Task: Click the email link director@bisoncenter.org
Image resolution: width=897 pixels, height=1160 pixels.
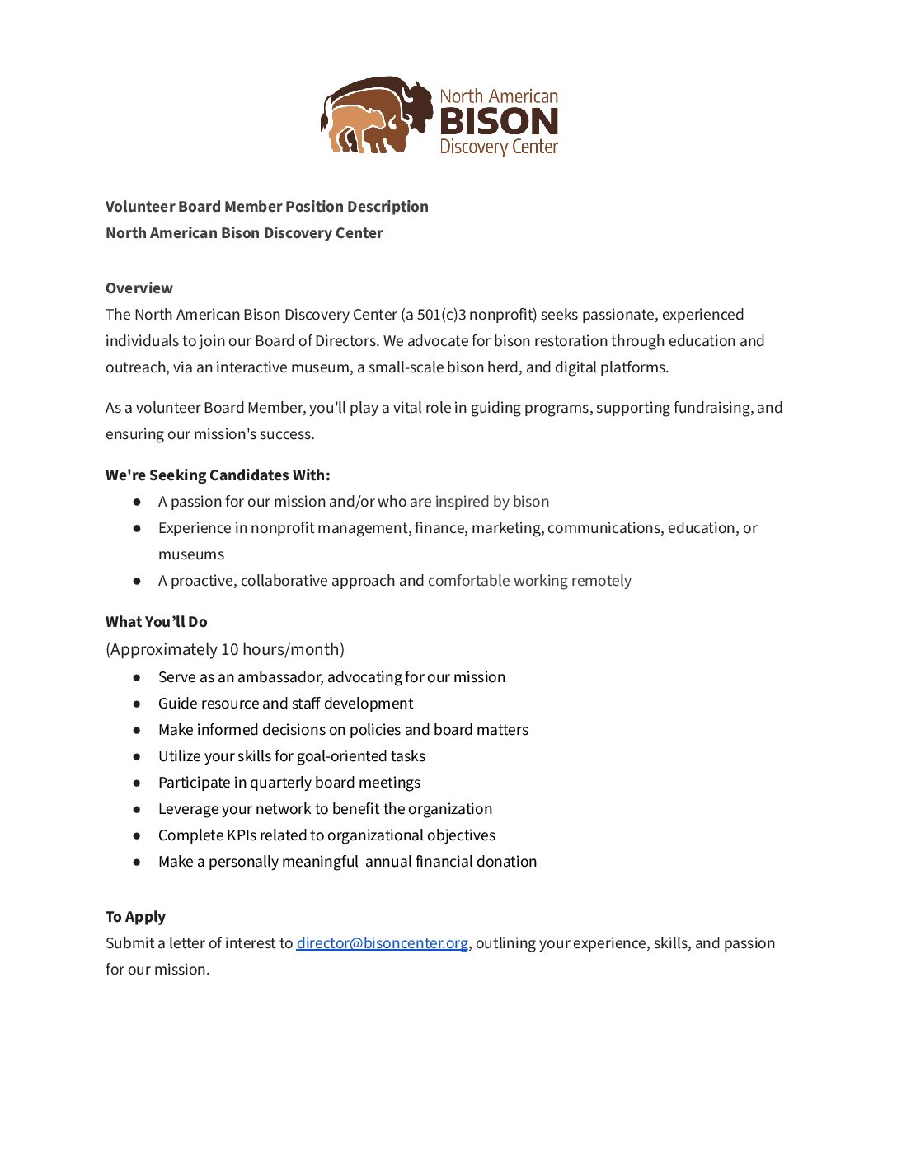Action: click(382, 942)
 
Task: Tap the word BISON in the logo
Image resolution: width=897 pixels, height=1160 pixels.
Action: click(499, 122)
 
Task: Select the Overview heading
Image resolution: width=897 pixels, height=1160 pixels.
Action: click(139, 288)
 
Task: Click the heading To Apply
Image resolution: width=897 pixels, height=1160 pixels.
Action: click(135, 916)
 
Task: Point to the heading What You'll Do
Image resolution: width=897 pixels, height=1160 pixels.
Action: click(157, 621)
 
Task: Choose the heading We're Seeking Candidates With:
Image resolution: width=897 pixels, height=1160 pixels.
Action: click(218, 475)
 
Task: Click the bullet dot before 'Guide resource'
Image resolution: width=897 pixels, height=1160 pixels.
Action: click(137, 704)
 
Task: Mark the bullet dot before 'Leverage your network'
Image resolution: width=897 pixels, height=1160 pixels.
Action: click(137, 809)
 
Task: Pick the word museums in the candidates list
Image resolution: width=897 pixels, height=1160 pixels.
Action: click(191, 554)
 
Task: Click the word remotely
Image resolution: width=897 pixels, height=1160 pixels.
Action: click(601, 580)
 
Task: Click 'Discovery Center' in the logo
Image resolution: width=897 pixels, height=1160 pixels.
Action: click(499, 147)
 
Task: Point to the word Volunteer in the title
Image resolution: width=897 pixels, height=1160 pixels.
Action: click(139, 206)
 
